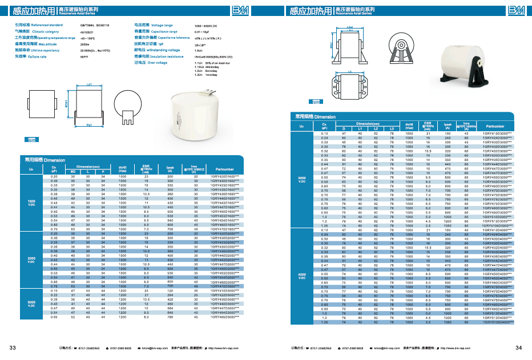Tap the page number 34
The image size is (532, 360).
tap(518, 347)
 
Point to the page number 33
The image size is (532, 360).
tap(13, 347)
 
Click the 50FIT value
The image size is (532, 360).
tap(84, 56)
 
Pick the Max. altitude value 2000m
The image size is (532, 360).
tap(85, 44)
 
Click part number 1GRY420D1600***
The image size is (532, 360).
tap(225, 177)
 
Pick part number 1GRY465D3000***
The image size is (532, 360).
tap(225, 317)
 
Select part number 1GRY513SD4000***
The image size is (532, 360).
tap(495, 322)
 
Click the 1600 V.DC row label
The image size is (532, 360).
tap(32, 203)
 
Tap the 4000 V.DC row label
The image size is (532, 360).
tap(303, 276)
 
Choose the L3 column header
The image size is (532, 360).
tap(392, 128)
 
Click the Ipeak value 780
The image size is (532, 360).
tap(170, 317)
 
